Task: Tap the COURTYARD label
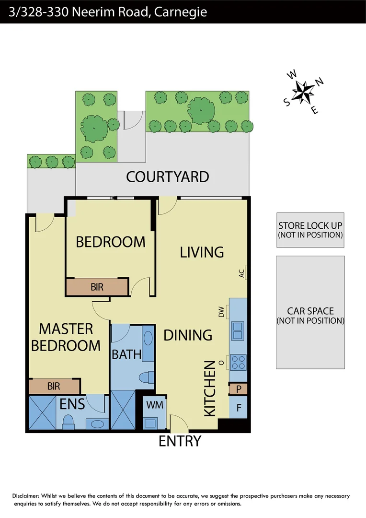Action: click(168, 177)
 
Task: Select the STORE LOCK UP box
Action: click(310, 230)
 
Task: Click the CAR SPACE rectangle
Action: click(310, 312)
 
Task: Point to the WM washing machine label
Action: click(155, 405)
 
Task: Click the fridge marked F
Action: click(238, 411)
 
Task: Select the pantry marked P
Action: click(238, 389)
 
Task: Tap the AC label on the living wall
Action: click(241, 273)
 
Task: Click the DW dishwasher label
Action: click(221, 313)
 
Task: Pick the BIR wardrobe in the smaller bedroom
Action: click(97, 287)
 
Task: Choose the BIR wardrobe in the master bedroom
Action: click(54, 386)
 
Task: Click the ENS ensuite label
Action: click(72, 404)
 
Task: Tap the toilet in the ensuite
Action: click(68, 421)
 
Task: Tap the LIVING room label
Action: click(202, 252)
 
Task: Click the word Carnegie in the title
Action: click(181, 12)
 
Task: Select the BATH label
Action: click(126, 354)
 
